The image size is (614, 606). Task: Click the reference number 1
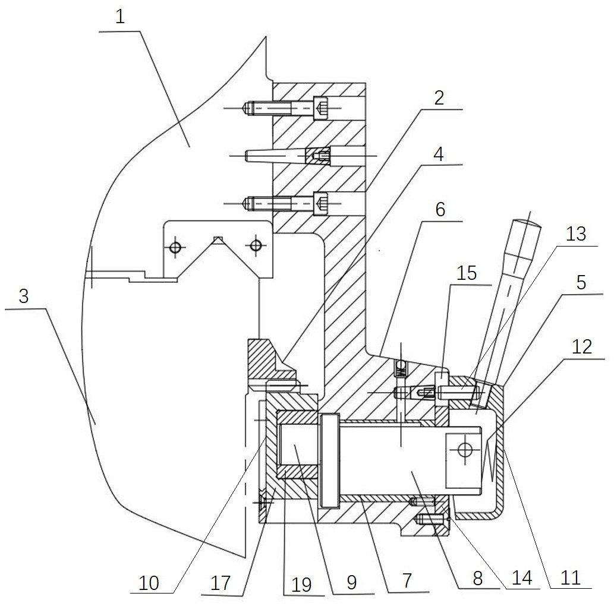[x=120, y=17]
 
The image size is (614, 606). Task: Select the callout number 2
[x=439, y=98]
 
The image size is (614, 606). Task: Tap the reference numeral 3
[x=23, y=296]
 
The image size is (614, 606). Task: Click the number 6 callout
[x=440, y=209]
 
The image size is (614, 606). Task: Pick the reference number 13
[x=576, y=234]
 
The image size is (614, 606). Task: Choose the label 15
[x=467, y=273]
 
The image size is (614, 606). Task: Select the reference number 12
[x=582, y=347]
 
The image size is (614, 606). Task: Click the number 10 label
[x=149, y=583]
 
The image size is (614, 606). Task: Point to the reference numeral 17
[x=221, y=583]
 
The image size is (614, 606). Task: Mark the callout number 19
[x=302, y=585]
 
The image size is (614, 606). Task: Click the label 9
[x=352, y=582]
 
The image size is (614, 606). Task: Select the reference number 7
[x=407, y=580]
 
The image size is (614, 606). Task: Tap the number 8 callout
[x=477, y=579]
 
